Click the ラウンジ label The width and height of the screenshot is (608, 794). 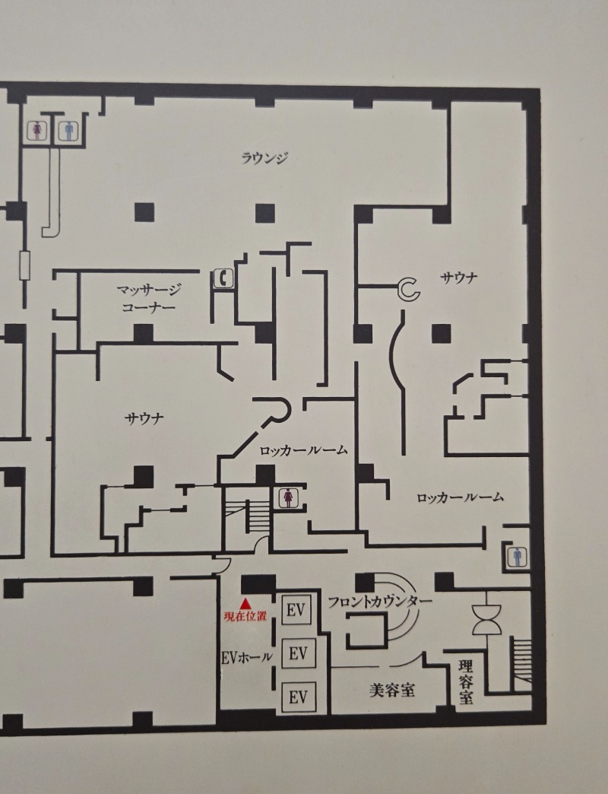[x=264, y=158]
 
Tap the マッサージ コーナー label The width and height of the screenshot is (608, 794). [x=149, y=298]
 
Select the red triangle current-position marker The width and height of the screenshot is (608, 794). [x=245, y=603]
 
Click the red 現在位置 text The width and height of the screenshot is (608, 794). [x=245, y=616]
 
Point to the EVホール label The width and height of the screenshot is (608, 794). [x=247, y=657]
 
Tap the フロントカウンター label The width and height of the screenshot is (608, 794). [x=380, y=602]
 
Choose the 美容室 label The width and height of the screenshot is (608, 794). [x=392, y=690]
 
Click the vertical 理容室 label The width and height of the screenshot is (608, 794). [x=466, y=681]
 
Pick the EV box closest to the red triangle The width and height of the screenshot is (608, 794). [x=296, y=610]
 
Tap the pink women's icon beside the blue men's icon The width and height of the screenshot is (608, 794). [x=37, y=131]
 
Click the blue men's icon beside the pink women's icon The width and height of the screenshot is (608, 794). [x=69, y=131]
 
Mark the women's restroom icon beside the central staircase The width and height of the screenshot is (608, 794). [x=288, y=497]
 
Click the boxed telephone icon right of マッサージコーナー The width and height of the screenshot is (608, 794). [x=223, y=278]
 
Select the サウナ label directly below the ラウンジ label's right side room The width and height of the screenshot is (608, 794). [x=459, y=278]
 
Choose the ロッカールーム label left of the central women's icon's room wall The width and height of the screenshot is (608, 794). [x=303, y=449]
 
